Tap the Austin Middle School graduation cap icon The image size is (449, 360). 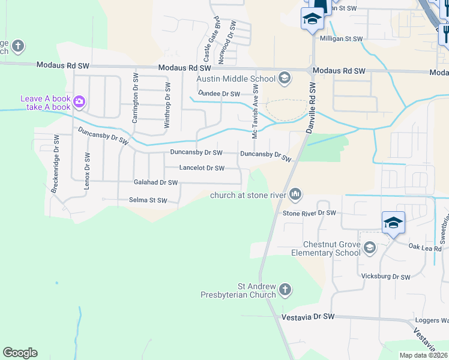point(284,78)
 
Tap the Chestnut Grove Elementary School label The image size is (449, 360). point(324,248)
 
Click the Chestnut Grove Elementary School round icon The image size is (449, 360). point(370,247)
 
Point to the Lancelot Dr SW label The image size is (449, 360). point(202,168)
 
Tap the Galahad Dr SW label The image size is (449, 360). point(155,182)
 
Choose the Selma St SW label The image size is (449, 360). point(147,200)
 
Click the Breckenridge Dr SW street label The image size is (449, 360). point(56,163)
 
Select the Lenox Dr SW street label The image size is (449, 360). point(87,171)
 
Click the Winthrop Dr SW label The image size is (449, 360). point(167,105)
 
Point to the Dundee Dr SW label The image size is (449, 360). point(219,94)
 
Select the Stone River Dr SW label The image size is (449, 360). point(309,213)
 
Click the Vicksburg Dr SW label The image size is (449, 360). point(385,277)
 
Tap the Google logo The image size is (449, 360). point(20,353)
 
